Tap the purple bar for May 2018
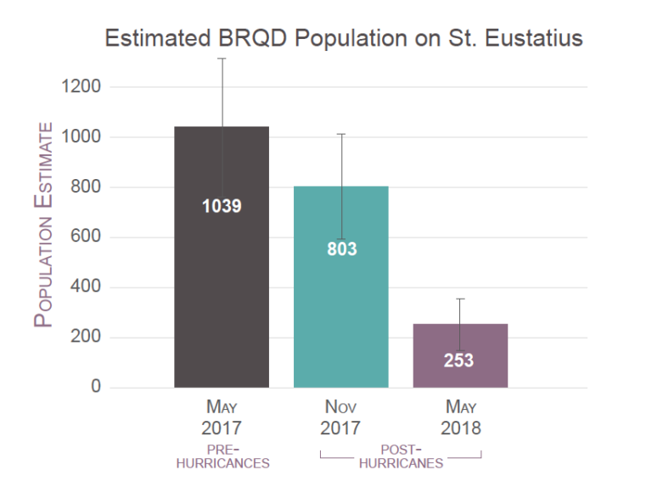[x=459, y=339]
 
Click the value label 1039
[x=222, y=206]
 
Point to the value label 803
[x=341, y=249]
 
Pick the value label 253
[x=458, y=361]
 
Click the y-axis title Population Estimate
[x=44, y=226]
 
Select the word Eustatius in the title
[x=531, y=39]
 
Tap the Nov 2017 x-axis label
[x=340, y=417]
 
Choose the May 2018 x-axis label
[x=459, y=417]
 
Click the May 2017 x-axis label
[x=222, y=417]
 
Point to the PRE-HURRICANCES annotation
[x=222, y=456]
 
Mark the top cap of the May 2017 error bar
[x=222, y=59]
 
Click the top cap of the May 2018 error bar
[x=459, y=299]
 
